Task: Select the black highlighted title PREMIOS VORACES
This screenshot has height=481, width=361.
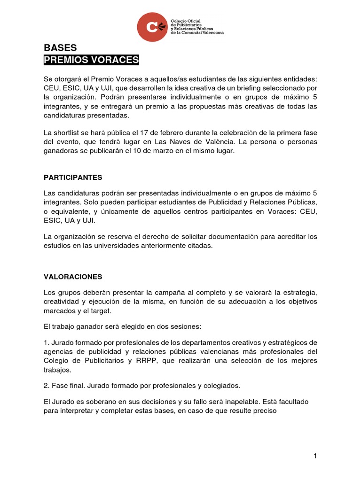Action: [x=91, y=60]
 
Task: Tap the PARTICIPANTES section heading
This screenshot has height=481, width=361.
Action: [x=73, y=178]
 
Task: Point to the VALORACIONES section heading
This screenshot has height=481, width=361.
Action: [x=73, y=277]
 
